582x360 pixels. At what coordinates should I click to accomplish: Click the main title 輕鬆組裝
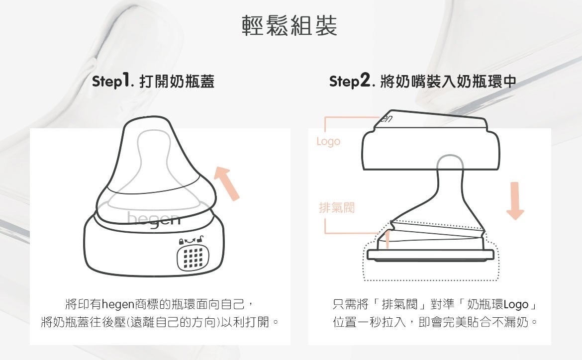coord(290,25)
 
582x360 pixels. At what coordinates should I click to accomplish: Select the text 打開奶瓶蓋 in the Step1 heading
coord(177,81)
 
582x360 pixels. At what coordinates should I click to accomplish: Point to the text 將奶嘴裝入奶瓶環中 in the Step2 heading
coord(448,81)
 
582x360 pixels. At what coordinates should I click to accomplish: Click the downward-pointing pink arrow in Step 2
coord(515,200)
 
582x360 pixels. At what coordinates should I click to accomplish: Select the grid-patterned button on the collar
coord(193,258)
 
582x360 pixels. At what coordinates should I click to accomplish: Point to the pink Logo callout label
coord(328,141)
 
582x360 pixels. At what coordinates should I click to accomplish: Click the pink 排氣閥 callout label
coord(337,207)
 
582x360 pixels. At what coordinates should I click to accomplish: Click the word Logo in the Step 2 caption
coord(516,305)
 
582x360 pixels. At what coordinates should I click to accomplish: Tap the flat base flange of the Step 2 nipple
coord(431,255)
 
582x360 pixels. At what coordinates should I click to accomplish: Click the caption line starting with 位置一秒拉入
coord(435,322)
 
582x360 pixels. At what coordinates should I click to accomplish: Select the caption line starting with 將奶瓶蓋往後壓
coord(160,322)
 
